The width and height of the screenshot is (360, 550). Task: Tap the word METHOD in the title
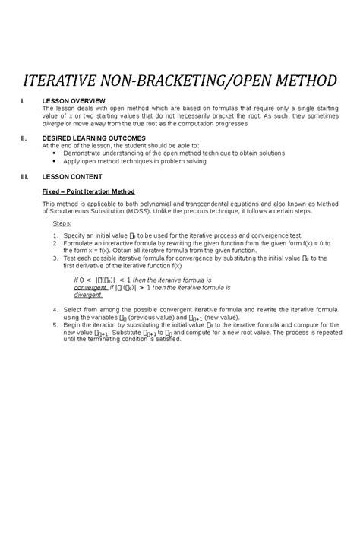298,81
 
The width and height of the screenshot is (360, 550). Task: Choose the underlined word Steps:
62,224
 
